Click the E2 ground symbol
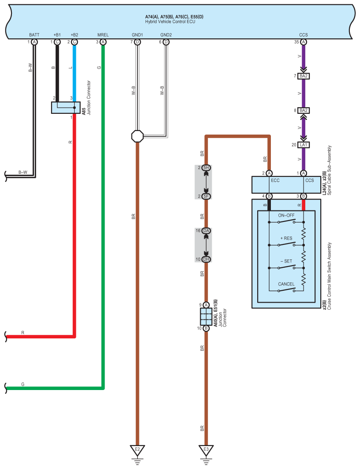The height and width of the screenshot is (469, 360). (x=137, y=450)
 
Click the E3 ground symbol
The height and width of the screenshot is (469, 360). (x=206, y=450)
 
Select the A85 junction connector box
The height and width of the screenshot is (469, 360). (x=66, y=108)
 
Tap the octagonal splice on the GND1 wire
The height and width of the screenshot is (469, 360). (x=137, y=136)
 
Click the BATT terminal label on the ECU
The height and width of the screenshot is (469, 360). (x=34, y=34)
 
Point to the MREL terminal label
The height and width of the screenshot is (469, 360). (x=103, y=34)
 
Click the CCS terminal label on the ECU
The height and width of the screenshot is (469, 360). (x=304, y=34)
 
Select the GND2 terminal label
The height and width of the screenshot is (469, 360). (x=166, y=34)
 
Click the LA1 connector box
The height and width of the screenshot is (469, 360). (x=304, y=145)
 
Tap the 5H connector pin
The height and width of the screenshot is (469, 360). (x=206, y=168)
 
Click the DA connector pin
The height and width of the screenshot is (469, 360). (x=206, y=231)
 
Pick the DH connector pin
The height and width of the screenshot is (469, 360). (x=206, y=259)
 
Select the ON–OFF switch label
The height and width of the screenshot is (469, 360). (x=286, y=215)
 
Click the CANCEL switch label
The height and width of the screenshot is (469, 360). (x=286, y=284)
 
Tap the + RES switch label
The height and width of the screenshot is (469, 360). (x=286, y=238)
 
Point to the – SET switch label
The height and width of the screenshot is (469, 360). (x=286, y=261)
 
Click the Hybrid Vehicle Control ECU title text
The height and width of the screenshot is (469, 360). (x=170, y=21)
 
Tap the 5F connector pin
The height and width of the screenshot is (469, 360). (x=206, y=196)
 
